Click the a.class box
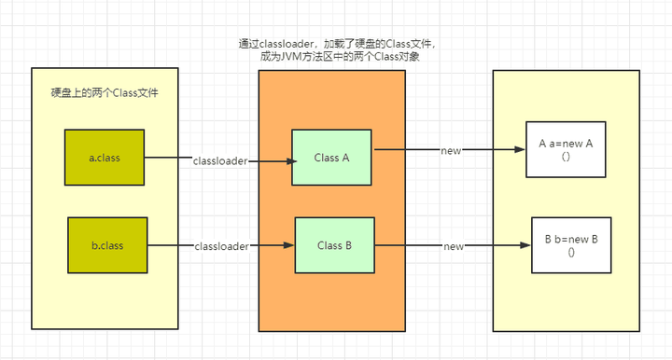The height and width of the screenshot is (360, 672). tap(105, 157)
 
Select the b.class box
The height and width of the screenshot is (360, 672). tap(107, 244)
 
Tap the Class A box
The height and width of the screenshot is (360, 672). tap(331, 157)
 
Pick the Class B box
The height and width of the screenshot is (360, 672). tap(334, 244)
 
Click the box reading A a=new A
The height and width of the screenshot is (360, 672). tap(567, 149)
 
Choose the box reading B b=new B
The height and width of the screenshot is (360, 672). tap(571, 244)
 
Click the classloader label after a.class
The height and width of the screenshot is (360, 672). tap(220, 160)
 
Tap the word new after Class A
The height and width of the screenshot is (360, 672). tap(451, 150)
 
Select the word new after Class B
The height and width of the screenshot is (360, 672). tap(454, 246)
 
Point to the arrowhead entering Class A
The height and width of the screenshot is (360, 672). tap(287, 160)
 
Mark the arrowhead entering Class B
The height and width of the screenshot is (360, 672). tap(289, 246)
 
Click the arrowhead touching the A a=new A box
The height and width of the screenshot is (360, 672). tap(520, 150)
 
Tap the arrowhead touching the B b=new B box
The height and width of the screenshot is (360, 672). tap(525, 246)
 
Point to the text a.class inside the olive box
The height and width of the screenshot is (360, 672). tap(105, 158)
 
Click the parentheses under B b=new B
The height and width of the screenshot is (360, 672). tap(571, 253)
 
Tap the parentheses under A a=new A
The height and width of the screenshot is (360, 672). tap(567, 157)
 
